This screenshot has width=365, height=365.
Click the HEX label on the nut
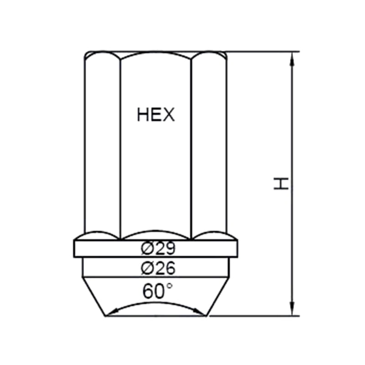coord(156,115)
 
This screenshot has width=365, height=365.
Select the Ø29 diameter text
coord(158,248)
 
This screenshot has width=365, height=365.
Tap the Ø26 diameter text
coord(158,268)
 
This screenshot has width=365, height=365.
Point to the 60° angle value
coord(157,291)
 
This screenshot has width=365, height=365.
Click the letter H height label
coord(281,184)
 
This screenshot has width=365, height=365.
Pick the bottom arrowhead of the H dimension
coord(292,309)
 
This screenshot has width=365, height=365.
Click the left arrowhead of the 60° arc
coord(113,312)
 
